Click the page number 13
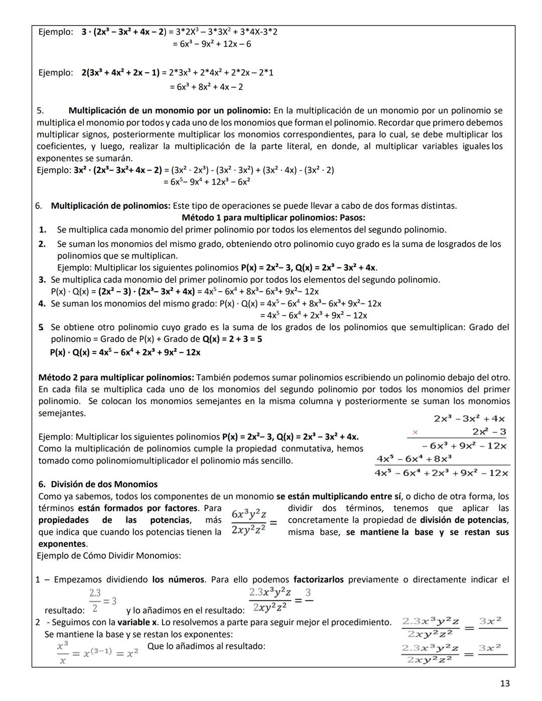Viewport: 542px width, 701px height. point(505,683)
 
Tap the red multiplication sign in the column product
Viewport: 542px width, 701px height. point(415,432)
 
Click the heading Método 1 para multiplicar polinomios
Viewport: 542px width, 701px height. point(273,218)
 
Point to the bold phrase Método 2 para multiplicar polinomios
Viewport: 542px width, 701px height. point(116,377)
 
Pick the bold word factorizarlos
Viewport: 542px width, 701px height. point(319,580)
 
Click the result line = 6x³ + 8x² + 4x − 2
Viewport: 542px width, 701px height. point(206,87)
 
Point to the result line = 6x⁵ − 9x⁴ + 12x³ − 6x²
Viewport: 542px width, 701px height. point(207,182)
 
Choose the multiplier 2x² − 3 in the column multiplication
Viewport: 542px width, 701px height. point(489,432)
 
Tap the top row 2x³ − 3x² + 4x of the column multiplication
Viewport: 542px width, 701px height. point(469,418)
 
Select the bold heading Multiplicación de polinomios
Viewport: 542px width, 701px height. point(110,206)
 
